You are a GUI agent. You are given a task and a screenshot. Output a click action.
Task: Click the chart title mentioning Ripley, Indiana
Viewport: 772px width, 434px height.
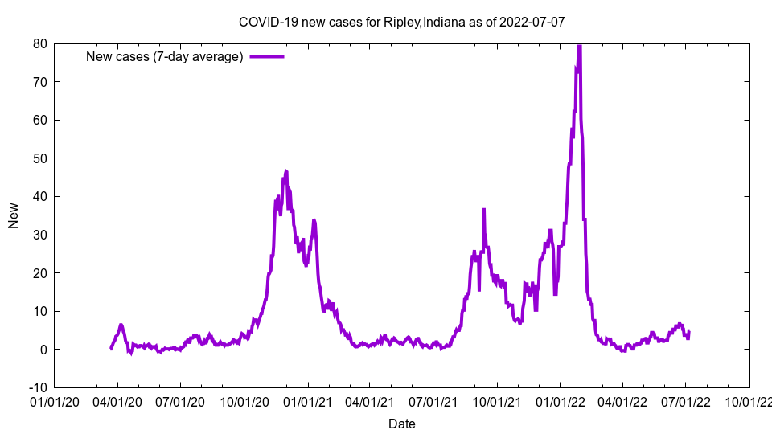(402, 22)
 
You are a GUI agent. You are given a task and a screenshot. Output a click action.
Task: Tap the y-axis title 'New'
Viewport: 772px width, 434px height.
(14, 215)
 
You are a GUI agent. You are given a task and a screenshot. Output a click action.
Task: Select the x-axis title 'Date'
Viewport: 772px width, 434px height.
(402, 424)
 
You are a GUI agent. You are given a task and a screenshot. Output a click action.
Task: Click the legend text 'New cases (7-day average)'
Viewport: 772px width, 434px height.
(164, 56)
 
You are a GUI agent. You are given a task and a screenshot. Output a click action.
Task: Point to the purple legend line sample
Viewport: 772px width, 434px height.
(267, 56)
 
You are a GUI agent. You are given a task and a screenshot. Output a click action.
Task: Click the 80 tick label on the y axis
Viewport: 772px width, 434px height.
(39, 43)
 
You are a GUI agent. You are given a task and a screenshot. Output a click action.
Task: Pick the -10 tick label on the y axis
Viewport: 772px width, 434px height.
(37, 387)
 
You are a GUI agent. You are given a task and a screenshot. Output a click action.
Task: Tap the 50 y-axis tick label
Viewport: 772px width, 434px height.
(39, 158)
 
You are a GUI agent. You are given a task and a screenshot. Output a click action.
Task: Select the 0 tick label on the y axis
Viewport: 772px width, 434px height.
(43, 350)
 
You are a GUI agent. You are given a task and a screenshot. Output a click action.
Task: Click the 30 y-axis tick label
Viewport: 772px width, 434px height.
(39, 235)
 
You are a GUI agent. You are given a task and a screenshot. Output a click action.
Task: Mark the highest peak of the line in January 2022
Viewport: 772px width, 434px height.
(579, 45)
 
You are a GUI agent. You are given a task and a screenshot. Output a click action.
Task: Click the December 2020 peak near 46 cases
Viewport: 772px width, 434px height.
(285, 171)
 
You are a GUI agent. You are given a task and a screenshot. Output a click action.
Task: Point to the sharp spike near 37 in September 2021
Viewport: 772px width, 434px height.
(484, 209)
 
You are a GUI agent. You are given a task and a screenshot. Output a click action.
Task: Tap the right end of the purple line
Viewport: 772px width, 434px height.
(689, 331)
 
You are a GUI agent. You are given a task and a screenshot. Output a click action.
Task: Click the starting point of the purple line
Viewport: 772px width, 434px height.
(111, 348)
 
